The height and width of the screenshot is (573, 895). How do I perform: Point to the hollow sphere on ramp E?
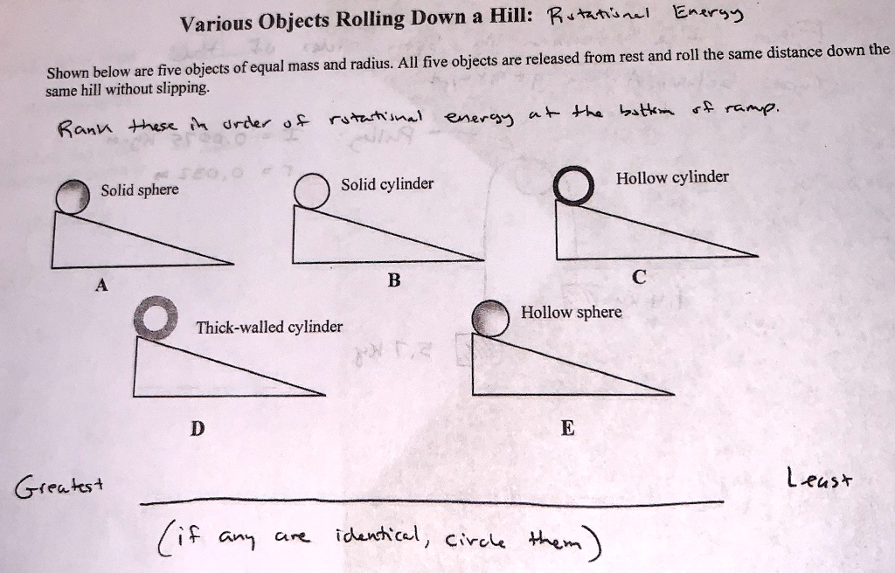tap(489, 320)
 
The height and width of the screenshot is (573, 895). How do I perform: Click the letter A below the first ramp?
tap(102, 284)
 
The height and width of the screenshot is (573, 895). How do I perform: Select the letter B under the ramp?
tap(393, 280)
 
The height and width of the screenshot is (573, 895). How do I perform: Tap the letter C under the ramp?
tap(639, 278)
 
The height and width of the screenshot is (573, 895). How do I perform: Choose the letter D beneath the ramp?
tap(198, 428)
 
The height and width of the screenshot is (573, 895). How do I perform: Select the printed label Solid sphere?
tap(139, 190)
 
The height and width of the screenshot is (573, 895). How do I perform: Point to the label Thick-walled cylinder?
tap(269, 327)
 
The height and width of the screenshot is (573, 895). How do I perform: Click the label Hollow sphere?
tap(572, 312)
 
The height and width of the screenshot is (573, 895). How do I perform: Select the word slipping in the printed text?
tap(180, 89)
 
